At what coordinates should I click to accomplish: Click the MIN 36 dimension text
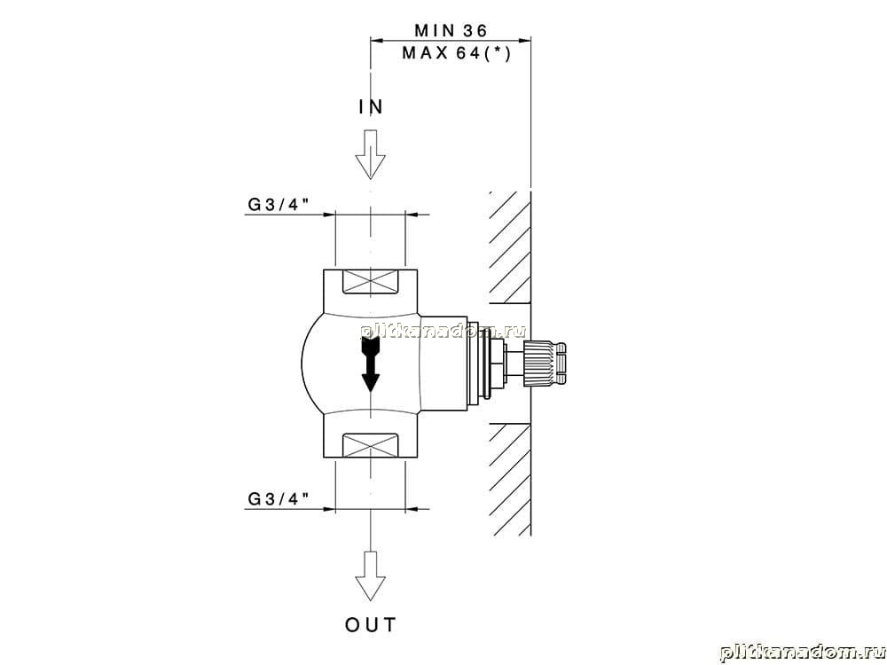click(x=451, y=29)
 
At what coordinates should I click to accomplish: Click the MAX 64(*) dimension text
click(x=456, y=54)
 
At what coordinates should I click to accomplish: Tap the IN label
click(x=371, y=106)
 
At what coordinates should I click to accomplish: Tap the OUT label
click(x=371, y=625)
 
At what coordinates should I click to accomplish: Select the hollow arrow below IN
click(x=371, y=154)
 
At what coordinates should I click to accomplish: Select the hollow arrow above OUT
click(x=371, y=575)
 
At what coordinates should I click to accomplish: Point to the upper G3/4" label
click(x=279, y=204)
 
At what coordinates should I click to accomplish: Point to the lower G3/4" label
click(x=279, y=498)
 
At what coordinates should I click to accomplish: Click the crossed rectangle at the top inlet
click(x=371, y=282)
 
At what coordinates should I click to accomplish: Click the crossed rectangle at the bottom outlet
click(x=371, y=447)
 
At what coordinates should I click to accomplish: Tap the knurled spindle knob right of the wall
click(x=546, y=364)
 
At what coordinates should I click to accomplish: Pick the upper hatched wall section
click(x=510, y=246)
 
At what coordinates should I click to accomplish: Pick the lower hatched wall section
click(x=510, y=480)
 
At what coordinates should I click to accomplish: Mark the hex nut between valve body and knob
click(x=497, y=364)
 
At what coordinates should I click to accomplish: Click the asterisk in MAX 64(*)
click(x=497, y=52)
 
